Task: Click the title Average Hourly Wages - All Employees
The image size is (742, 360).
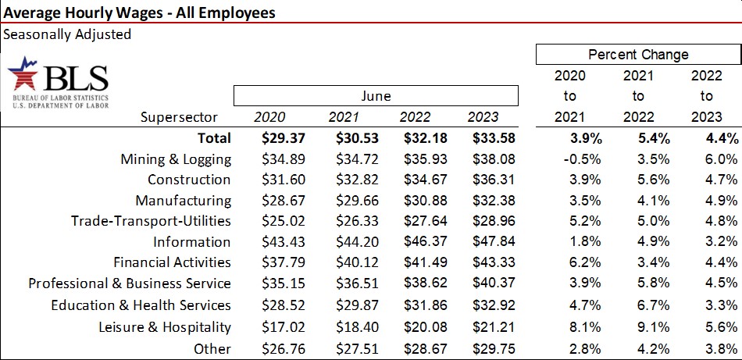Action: pyautogui.click(x=139, y=12)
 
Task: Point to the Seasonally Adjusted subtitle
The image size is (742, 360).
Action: pyautogui.click(x=67, y=34)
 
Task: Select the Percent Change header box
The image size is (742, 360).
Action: pyautogui.click(x=637, y=55)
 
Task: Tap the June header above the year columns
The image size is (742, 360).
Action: pyautogui.click(x=376, y=96)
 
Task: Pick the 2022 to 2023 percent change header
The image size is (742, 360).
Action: pyautogui.click(x=706, y=96)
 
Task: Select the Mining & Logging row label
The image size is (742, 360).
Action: pyautogui.click(x=176, y=159)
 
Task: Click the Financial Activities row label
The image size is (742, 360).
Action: pyautogui.click(x=172, y=262)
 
